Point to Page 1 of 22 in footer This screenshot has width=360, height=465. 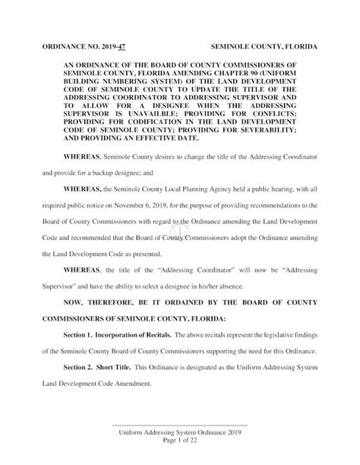coord(180,441)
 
